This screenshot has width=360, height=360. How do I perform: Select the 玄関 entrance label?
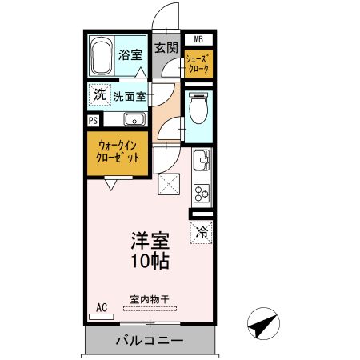tap(166, 47)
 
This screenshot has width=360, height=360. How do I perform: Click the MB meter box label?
tap(198, 38)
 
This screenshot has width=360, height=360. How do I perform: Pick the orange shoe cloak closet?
tap(198, 64)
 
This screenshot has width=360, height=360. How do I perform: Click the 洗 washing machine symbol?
tap(99, 94)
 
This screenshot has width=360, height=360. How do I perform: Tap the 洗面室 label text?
tap(129, 96)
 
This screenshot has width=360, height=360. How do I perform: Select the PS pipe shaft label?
tap(94, 121)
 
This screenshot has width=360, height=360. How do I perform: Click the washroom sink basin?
tap(134, 120)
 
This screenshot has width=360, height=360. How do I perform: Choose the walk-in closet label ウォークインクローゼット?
tap(119, 152)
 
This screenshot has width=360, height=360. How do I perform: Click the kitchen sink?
tap(200, 164)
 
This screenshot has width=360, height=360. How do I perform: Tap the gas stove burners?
tap(201, 193)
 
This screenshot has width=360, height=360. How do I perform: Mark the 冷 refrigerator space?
tap(201, 233)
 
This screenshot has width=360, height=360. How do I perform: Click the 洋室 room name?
tap(150, 241)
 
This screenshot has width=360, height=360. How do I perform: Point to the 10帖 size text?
tap(150, 260)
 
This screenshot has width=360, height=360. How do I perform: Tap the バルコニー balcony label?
tap(150, 341)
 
